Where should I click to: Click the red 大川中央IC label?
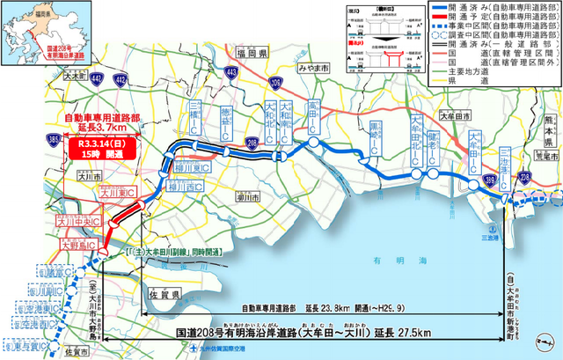77,223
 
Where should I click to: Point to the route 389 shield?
487,182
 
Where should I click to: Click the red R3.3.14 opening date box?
104,147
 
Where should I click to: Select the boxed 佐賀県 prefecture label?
165,292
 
